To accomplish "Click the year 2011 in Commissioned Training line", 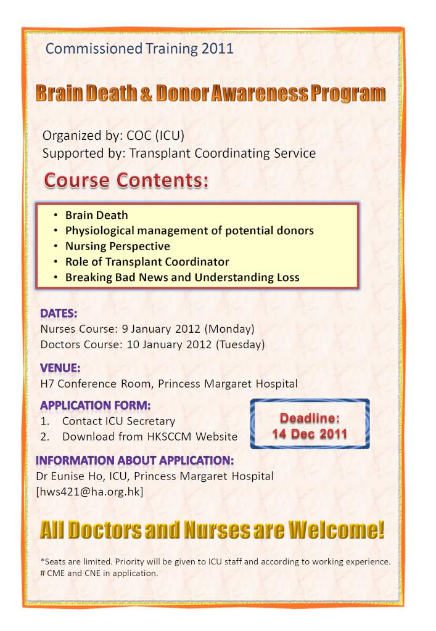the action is click(x=218, y=49).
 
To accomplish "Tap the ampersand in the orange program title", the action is click(x=146, y=94).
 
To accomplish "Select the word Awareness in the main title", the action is click(x=259, y=94).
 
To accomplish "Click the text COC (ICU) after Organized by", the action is click(x=155, y=136).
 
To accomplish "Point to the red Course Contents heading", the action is click(x=126, y=180).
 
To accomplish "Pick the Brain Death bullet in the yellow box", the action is click(x=97, y=215).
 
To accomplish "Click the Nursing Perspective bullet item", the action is click(x=118, y=246).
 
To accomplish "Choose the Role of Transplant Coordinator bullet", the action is click(x=147, y=262).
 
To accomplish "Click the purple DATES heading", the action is click(x=59, y=314).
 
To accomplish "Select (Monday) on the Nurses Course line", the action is click(x=229, y=329).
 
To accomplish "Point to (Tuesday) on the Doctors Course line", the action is click(x=241, y=345).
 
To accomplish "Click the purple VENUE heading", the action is click(x=60, y=368).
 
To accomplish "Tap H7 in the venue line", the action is click(x=47, y=384).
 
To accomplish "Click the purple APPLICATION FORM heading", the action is click(x=96, y=405).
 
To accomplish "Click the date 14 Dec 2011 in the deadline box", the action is click(x=310, y=434).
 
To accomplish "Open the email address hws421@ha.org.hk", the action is click(x=90, y=492).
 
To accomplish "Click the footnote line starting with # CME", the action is click(x=99, y=573).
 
